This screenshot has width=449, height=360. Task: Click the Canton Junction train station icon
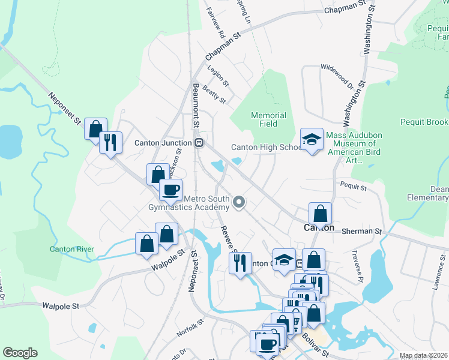click(x=199, y=143)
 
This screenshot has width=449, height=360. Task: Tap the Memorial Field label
click(x=268, y=119)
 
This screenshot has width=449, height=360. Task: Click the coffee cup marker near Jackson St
click(x=170, y=190)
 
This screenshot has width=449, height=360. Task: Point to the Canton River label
click(x=72, y=249)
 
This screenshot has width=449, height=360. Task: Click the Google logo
click(x=20, y=353)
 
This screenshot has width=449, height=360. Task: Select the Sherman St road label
click(x=362, y=231)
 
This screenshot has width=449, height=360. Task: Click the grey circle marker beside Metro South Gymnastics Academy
click(x=240, y=202)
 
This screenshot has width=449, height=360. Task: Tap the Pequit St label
click(x=354, y=187)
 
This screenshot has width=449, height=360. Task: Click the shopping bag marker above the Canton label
click(x=321, y=214)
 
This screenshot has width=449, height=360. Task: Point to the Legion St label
click(x=218, y=74)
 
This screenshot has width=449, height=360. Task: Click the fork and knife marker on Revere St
click(x=240, y=262)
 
